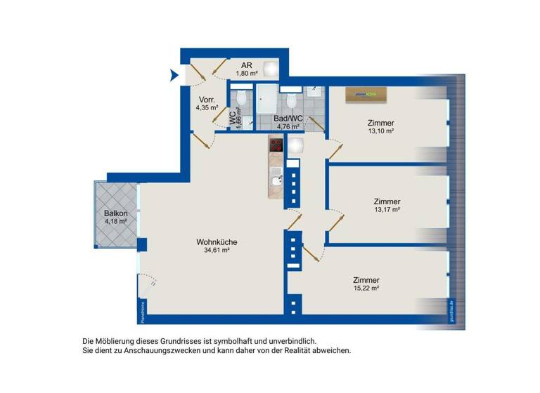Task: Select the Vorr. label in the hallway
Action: point(207,99)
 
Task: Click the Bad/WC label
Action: point(288,119)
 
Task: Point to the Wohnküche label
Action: point(217,242)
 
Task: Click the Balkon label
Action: point(115,213)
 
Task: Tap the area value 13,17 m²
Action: point(387,209)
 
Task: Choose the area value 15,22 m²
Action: point(366,288)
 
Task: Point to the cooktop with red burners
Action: point(276,146)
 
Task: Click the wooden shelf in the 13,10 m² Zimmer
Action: point(365,95)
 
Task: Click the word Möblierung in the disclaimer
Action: point(120,340)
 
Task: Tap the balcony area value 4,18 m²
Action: point(115,222)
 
